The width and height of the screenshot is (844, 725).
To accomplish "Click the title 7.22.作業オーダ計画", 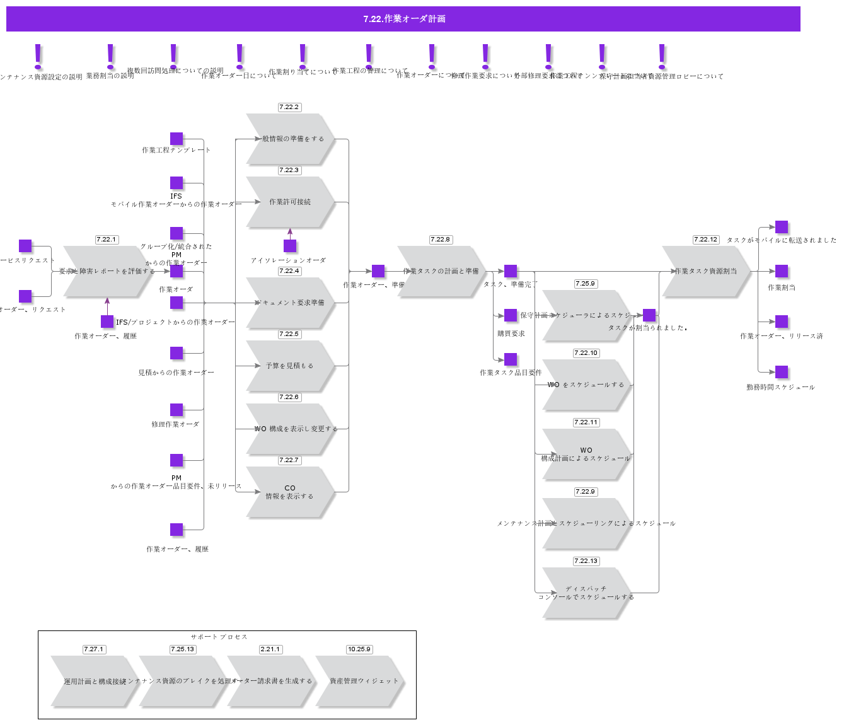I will click(x=403, y=19).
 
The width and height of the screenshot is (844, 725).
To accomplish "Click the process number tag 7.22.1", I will click(x=107, y=240).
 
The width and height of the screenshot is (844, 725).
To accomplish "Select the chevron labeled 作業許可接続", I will click(x=290, y=202).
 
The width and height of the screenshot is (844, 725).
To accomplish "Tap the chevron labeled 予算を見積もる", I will click(x=290, y=366).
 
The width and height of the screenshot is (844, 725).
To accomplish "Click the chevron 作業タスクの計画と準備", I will click(x=441, y=271).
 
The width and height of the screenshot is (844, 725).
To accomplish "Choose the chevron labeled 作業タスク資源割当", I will click(x=706, y=271).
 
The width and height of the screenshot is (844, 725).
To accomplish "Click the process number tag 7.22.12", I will click(x=705, y=240).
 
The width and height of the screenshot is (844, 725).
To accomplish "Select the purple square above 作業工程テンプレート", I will click(x=176, y=139).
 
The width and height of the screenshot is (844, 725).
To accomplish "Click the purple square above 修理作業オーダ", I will click(x=176, y=410).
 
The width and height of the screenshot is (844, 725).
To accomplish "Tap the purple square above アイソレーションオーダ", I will click(x=290, y=246).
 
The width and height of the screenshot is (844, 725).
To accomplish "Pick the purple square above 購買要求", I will click(x=511, y=315).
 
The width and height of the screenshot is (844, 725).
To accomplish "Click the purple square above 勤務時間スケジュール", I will click(x=782, y=372).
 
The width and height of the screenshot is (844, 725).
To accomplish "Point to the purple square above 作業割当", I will click(x=782, y=271).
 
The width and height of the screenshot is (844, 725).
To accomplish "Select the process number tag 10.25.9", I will click(x=359, y=649).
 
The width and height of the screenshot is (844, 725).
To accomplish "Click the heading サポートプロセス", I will click(x=219, y=637).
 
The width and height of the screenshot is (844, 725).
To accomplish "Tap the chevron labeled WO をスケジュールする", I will click(x=586, y=385).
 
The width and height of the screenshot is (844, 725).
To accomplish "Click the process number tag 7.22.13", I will click(x=586, y=561).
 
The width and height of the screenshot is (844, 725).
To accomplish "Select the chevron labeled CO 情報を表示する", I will click(x=290, y=492).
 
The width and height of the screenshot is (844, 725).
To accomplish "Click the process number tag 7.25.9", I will click(x=586, y=284).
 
